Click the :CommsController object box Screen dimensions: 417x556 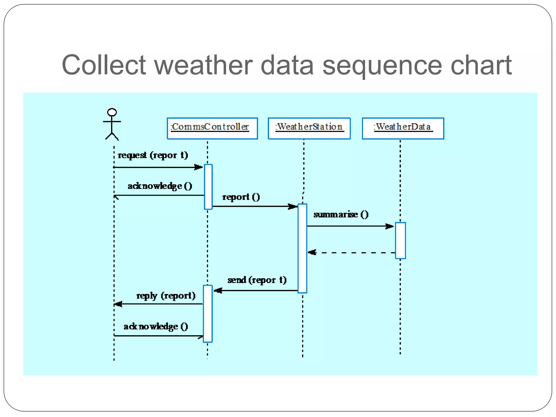(212, 128)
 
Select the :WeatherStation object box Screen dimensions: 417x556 (309, 128)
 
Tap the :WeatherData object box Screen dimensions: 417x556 (403, 128)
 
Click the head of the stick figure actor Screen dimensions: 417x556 (112, 112)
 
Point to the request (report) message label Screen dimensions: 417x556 (153, 155)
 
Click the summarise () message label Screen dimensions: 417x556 (341, 214)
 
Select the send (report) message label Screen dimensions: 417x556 (257, 280)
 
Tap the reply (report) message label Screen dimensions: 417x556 (166, 295)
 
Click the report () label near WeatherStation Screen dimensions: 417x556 (241, 197)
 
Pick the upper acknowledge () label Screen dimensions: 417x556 (160, 186)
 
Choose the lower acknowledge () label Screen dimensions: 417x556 (156, 326)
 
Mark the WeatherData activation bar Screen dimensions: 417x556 (400, 241)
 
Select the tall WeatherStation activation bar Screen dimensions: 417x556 (302, 248)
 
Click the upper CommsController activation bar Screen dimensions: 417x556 (208, 187)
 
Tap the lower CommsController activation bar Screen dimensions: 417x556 (208, 314)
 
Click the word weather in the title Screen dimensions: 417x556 (203, 65)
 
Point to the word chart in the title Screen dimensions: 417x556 (481, 65)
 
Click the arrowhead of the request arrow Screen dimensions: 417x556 (199, 167)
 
